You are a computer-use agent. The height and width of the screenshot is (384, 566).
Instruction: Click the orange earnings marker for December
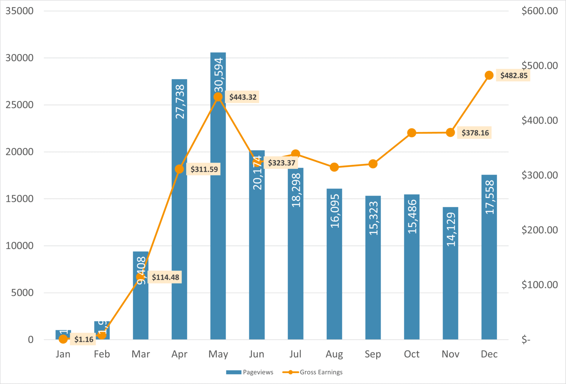(x=489, y=75)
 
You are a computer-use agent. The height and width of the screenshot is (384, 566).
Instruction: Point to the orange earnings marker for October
(x=411, y=133)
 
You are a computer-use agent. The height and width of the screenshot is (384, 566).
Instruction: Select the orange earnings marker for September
(x=373, y=164)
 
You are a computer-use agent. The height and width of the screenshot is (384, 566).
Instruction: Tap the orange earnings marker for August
(x=334, y=167)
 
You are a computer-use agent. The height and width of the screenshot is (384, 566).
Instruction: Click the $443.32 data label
(x=243, y=97)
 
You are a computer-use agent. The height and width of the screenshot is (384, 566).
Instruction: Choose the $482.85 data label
(x=514, y=75)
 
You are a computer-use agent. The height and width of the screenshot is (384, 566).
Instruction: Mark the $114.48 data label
(x=165, y=277)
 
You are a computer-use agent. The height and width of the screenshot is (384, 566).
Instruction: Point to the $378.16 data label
(x=475, y=133)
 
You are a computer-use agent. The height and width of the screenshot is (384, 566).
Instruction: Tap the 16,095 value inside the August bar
(x=335, y=211)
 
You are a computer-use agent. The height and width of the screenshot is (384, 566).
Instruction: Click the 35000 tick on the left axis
(x=20, y=11)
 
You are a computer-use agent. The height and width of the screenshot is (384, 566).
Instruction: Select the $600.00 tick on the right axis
(x=539, y=11)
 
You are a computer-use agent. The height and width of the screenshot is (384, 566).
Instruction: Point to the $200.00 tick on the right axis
(x=539, y=230)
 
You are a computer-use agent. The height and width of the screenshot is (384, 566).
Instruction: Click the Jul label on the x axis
(x=295, y=354)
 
